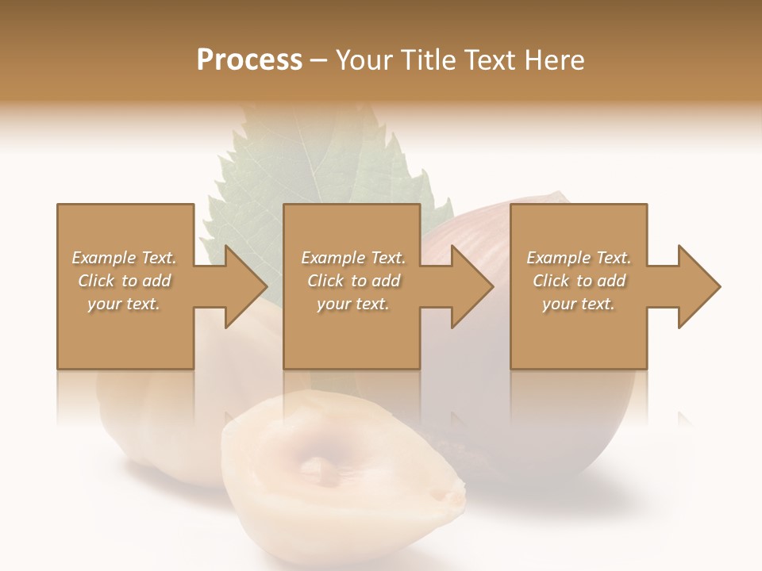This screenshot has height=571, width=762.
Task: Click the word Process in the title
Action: tap(249, 60)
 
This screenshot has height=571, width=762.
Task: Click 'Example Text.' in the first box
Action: tap(125, 258)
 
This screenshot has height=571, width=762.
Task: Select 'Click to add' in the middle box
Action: tap(353, 281)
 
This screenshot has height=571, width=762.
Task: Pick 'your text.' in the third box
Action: tap(579, 304)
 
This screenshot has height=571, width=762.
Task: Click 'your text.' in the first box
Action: tap(125, 304)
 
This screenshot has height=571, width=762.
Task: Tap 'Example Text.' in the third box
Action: tap(579, 258)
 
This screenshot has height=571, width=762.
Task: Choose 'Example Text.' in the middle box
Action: tap(353, 258)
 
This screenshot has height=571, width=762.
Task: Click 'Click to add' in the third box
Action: tap(579, 281)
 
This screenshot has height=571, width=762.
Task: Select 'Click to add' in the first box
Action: tap(125, 281)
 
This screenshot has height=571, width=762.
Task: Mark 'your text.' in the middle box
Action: tap(353, 304)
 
